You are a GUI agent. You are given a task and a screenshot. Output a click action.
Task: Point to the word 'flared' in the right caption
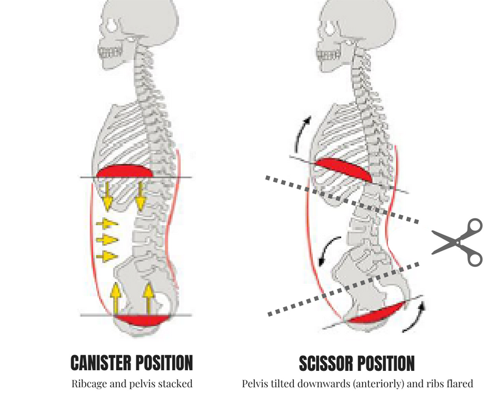click(456, 382)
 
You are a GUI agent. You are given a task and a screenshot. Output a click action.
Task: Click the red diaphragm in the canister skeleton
click(125, 171)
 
